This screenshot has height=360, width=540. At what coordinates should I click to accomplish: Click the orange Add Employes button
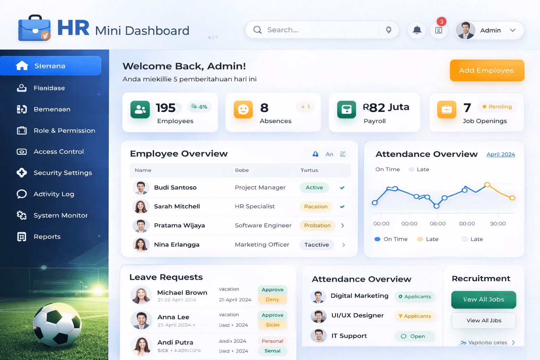(x=487, y=70)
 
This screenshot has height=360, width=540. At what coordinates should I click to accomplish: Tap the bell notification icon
(x=417, y=30)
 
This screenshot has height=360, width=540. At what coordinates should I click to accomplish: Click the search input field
(x=316, y=30)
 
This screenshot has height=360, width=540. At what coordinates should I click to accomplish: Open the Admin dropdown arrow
(x=513, y=30)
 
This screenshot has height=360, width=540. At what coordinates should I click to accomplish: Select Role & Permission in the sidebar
(x=64, y=130)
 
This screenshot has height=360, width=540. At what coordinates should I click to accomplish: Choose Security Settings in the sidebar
(x=63, y=173)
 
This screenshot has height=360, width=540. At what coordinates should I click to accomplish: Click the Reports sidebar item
(x=47, y=237)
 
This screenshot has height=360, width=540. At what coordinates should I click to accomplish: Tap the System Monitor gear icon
(x=22, y=215)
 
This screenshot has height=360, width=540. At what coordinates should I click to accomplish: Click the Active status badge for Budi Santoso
(x=314, y=187)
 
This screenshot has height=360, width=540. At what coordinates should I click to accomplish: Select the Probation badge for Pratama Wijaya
(x=317, y=225)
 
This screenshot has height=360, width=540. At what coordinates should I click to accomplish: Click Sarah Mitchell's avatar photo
(x=141, y=206)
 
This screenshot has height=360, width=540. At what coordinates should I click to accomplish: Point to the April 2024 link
(x=500, y=154)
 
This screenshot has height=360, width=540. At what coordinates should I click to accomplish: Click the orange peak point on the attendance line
(x=487, y=185)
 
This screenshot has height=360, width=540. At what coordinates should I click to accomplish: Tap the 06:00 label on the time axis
(x=437, y=224)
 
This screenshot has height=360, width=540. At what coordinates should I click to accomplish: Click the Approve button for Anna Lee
(x=272, y=315)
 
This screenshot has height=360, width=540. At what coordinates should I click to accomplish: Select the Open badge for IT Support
(x=414, y=336)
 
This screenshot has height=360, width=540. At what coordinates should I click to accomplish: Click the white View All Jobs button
(x=483, y=320)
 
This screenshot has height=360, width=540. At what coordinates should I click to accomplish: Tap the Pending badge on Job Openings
(x=497, y=107)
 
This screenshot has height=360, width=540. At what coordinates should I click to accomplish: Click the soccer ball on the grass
(x=57, y=325)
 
